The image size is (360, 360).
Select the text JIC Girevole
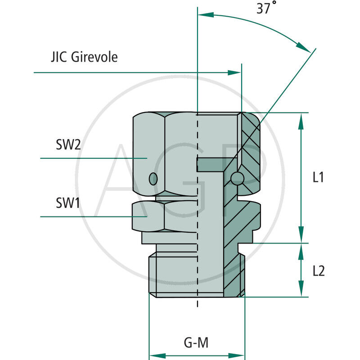84,58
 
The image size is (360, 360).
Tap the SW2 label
68,144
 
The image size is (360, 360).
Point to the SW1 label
68,203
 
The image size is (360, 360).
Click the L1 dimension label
318,177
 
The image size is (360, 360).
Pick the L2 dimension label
318,270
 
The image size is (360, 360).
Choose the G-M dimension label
196,343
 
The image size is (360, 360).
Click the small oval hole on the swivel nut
153,179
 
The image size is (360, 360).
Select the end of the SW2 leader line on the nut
147,158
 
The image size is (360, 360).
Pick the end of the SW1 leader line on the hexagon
147,216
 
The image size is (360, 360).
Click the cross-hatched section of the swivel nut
251,144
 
